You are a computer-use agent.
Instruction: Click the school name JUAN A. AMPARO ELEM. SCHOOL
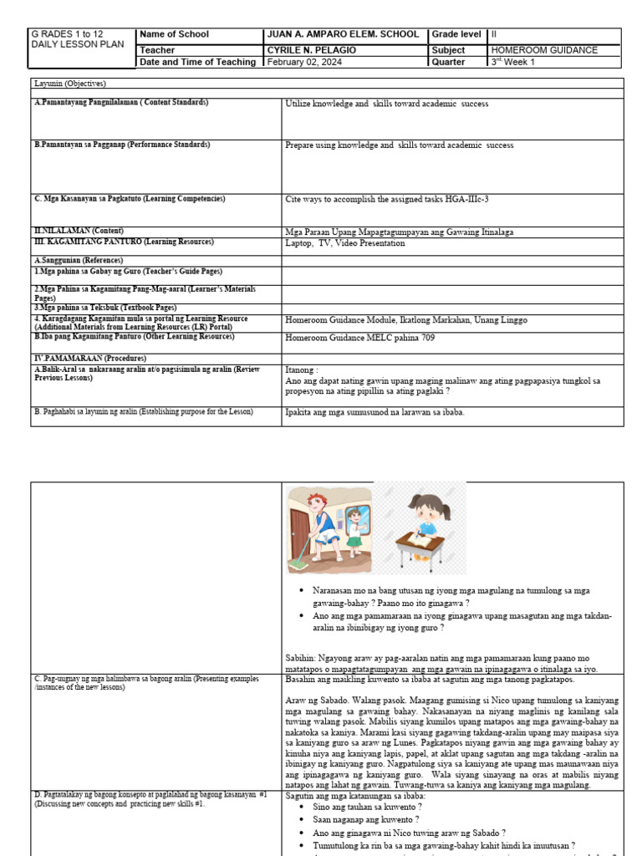coord(342,34)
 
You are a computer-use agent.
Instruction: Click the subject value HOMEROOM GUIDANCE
coord(544,50)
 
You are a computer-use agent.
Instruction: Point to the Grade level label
coord(456,34)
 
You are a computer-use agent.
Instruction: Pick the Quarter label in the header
coord(449,62)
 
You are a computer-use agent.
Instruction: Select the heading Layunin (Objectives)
coord(70,84)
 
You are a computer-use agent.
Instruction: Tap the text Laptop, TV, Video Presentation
coord(345,243)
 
